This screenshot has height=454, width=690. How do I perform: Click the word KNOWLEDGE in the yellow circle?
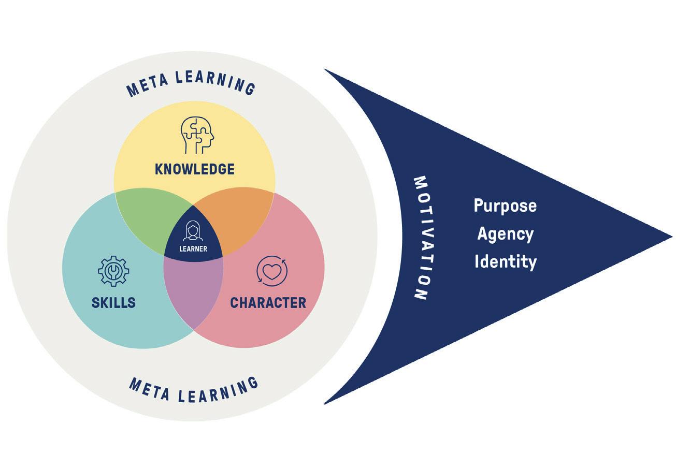(x=195, y=169)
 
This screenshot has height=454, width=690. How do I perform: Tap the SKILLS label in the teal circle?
(x=113, y=303)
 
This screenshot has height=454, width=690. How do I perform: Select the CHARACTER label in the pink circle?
(x=268, y=303)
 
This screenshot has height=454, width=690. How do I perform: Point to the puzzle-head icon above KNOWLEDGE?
(x=197, y=135)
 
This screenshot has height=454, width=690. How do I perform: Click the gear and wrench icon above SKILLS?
(x=113, y=271)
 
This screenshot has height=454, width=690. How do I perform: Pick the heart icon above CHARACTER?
(x=272, y=271)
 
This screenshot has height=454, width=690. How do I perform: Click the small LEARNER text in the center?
(x=193, y=249)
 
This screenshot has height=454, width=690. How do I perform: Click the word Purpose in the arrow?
(x=505, y=206)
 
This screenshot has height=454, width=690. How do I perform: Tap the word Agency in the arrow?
(x=505, y=234)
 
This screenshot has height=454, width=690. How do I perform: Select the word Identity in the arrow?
(x=505, y=261)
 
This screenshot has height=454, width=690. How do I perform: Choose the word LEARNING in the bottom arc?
(x=218, y=391)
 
